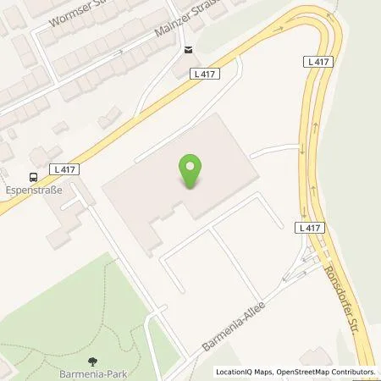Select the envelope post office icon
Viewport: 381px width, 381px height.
click(x=187, y=50)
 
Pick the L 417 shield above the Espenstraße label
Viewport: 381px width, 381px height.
click(x=64, y=169)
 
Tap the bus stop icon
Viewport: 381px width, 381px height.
click(x=33, y=176)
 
